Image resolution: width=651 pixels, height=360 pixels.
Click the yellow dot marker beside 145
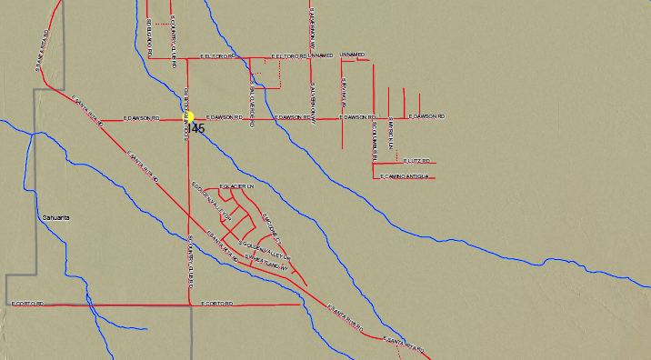click(191, 117)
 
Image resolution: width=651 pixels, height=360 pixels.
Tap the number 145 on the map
click(195, 129)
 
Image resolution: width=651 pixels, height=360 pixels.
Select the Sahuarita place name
click(56, 218)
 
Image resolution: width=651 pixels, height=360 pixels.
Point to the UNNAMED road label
click(351, 55)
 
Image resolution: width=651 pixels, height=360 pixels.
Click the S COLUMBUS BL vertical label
click(375, 141)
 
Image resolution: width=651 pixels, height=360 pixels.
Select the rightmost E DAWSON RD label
click(426, 117)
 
